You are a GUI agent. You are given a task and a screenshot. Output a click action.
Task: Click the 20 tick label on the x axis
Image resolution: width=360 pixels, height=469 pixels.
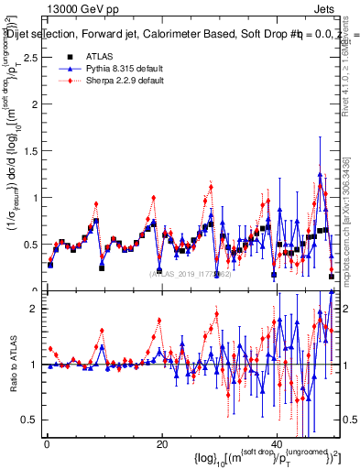coord(162,442)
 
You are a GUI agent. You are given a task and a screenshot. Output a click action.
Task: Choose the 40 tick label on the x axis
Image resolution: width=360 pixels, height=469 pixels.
coord(278,442)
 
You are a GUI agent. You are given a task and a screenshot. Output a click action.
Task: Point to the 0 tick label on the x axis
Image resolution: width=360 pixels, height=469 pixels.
coord(47,442)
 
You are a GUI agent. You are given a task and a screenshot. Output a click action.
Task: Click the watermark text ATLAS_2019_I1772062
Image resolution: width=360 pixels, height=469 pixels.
coord(190,273)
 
